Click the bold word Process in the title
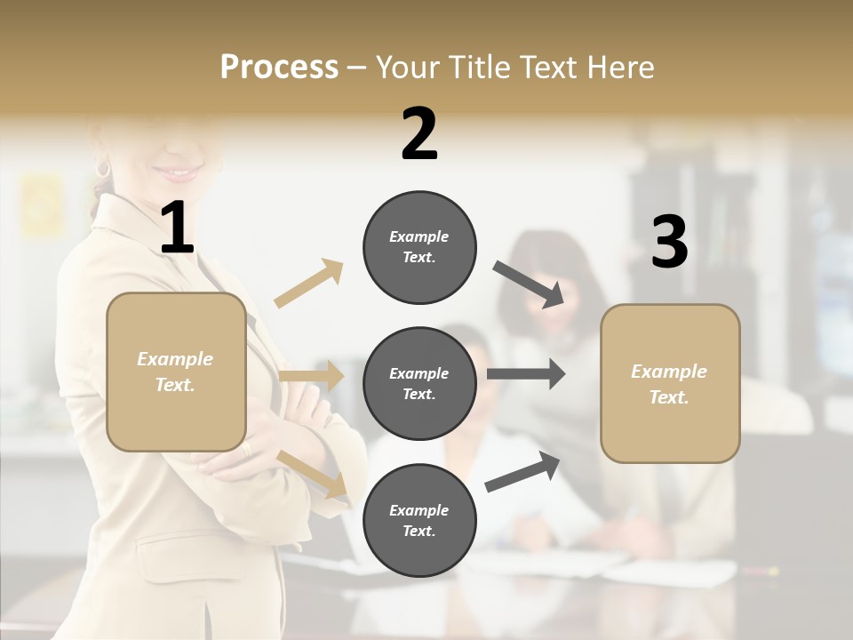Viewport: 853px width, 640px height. [x=279, y=67]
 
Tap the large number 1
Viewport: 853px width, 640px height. [x=177, y=228]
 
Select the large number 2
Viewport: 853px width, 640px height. [x=419, y=135]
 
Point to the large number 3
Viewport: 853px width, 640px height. [x=669, y=243]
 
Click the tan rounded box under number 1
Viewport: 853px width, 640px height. [x=176, y=372]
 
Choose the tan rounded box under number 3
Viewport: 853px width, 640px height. [x=670, y=383]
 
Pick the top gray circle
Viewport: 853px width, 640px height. [x=419, y=247]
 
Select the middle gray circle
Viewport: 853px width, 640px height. [x=419, y=383]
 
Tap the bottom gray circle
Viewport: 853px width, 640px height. [x=419, y=520]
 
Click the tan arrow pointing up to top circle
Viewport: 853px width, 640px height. [x=309, y=283]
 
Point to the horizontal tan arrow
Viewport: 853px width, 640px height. [x=311, y=376]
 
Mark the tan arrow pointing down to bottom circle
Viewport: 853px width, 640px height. [x=313, y=474]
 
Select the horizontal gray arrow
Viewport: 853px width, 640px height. [x=526, y=374]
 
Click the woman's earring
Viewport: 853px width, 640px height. [x=103, y=169]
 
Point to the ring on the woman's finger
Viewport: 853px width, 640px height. [x=246, y=449]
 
